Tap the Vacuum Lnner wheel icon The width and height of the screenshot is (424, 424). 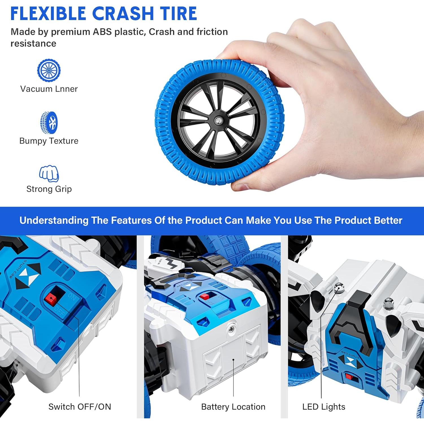(49, 70)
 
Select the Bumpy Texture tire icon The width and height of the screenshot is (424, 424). (49, 122)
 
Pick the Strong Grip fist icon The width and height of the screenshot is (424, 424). (49, 173)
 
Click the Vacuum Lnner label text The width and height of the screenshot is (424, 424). (49, 89)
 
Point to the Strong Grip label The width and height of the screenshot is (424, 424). (49, 189)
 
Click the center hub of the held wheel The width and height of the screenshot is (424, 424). (218, 121)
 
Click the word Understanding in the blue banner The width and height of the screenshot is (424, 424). (54, 220)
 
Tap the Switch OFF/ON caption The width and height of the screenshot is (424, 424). (80, 406)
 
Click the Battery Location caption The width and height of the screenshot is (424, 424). (233, 406)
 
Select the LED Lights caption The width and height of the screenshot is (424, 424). (324, 406)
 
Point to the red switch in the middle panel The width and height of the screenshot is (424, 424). (205, 297)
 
